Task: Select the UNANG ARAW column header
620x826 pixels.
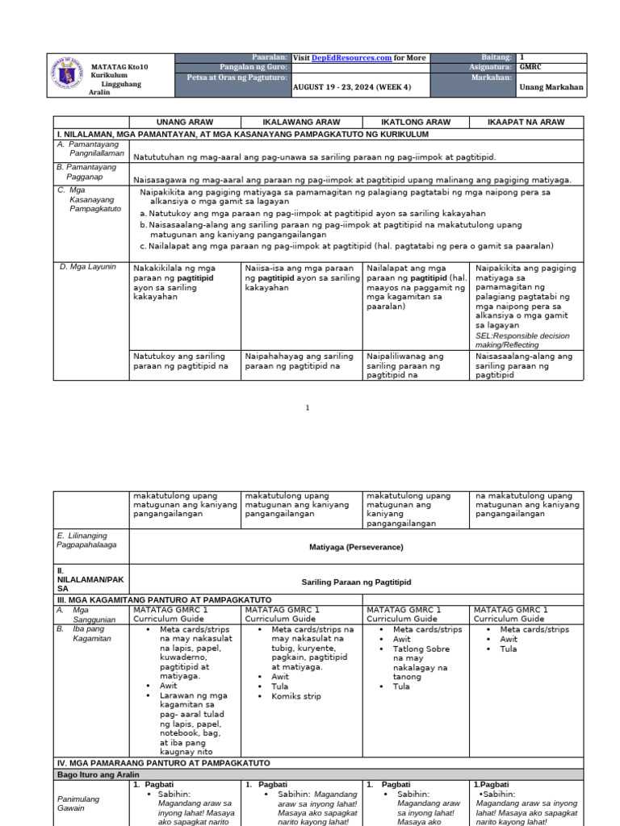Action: click(185, 122)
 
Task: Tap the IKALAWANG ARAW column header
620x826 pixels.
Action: click(302, 122)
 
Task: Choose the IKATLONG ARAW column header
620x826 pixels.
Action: click(417, 122)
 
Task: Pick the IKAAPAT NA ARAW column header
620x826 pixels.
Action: click(526, 122)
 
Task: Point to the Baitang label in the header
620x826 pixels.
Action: click(496, 58)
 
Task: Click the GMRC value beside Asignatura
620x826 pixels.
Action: click(530, 68)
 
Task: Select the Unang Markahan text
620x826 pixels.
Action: click(551, 86)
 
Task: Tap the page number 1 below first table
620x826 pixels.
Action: click(307, 408)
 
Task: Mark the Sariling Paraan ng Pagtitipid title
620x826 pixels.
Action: click(356, 582)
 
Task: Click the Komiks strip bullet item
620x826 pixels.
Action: click(296, 696)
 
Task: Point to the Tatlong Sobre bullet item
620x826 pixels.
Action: click(421, 649)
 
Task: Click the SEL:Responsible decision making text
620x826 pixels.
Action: click(522, 340)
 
